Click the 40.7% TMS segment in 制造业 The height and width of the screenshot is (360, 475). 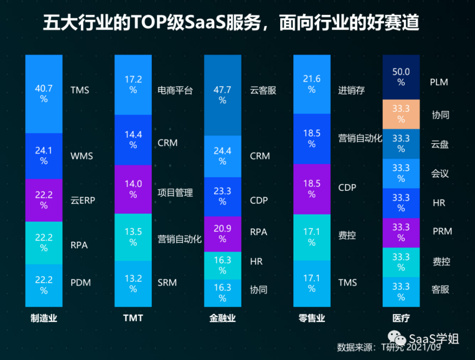[x=43, y=94]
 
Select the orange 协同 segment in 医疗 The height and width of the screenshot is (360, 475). [x=400, y=114]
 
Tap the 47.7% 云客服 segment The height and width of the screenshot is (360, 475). [x=222, y=95]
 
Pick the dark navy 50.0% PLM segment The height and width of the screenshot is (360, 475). [x=400, y=77]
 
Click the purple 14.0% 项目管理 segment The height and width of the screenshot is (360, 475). [x=133, y=189]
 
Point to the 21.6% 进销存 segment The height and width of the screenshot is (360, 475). [x=311, y=84]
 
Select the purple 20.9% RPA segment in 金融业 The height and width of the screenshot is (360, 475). [x=222, y=234]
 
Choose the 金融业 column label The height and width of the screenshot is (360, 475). [x=222, y=319]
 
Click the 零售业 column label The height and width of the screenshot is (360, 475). [x=311, y=319]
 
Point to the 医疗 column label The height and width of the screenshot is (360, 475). [x=400, y=319]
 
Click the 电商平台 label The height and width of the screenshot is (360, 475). [x=175, y=90]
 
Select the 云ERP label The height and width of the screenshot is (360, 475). [x=83, y=200]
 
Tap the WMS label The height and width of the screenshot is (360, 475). [x=82, y=155]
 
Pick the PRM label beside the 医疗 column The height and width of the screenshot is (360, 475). [x=442, y=231]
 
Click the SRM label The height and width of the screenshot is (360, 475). [x=167, y=283]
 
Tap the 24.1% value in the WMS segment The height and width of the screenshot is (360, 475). [x=43, y=155]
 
